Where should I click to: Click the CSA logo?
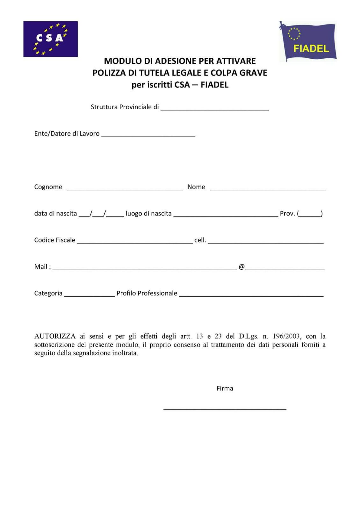(50, 39)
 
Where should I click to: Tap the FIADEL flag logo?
(308, 41)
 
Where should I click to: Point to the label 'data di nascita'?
(55, 214)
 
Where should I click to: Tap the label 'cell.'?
(200, 240)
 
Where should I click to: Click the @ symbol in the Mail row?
(241, 267)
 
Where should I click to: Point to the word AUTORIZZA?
(55, 336)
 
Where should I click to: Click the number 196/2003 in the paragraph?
(286, 336)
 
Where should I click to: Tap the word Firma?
(225, 389)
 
